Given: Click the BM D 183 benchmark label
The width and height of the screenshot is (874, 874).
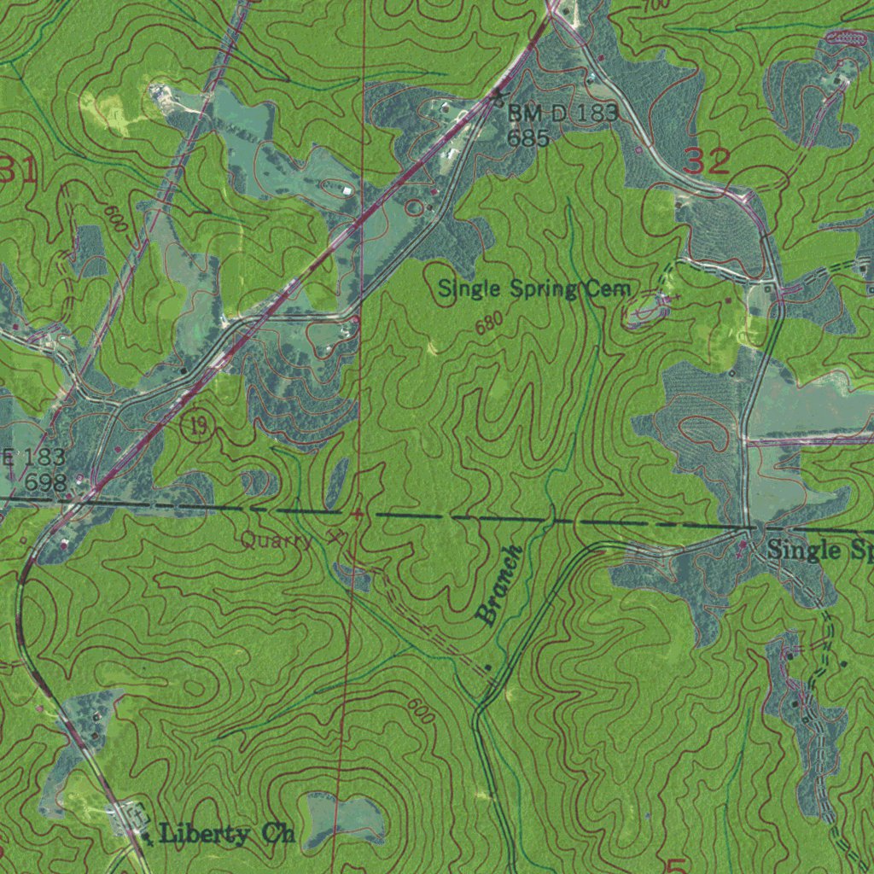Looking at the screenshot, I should (x=562, y=113).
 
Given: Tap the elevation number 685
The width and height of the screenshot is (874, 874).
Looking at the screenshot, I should (x=527, y=137).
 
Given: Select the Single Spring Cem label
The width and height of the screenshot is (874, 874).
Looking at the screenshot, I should (x=534, y=289).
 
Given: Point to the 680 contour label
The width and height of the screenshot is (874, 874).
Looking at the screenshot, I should (x=486, y=324).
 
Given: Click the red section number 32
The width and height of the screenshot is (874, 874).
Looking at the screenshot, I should (x=707, y=161).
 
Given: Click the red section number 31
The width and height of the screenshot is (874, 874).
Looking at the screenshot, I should (x=17, y=172).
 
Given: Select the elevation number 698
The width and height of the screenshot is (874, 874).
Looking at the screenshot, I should (x=45, y=483).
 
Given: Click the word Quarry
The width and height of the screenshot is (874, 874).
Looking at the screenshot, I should (x=276, y=540).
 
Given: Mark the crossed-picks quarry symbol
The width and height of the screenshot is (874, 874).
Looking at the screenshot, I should (x=335, y=538).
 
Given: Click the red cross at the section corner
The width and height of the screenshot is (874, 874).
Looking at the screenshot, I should (x=356, y=515).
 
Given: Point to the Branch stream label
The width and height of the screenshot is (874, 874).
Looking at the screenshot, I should (x=498, y=585).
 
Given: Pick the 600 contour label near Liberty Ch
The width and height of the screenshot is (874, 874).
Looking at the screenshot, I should (x=419, y=711).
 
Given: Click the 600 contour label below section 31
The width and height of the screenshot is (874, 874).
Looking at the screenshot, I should (x=118, y=220).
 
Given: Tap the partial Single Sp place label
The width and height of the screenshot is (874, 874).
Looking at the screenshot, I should (x=819, y=551).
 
